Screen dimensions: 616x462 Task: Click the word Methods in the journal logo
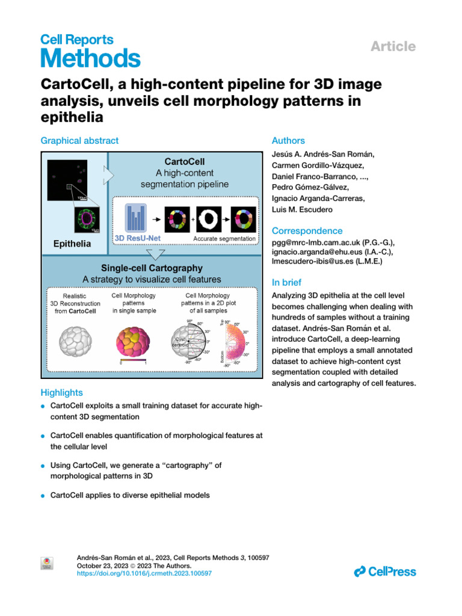(x=90, y=59)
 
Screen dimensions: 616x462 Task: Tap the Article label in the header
(x=393, y=46)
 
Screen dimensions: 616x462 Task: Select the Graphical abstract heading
(x=79, y=140)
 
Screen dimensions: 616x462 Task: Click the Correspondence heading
(x=307, y=231)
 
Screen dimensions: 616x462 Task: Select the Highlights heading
(x=62, y=392)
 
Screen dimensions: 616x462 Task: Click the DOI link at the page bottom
(x=145, y=574)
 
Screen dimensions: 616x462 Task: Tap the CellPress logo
(x=385, y=571)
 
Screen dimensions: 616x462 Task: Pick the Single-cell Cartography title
(x=152, y=268)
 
